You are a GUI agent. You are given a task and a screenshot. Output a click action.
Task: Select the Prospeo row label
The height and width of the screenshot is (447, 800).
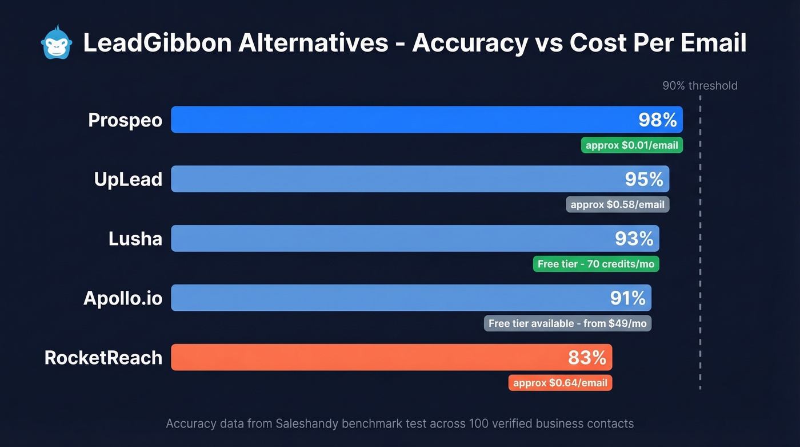pos(125,120)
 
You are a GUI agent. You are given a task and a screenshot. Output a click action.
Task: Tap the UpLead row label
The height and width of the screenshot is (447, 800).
pos(128,180)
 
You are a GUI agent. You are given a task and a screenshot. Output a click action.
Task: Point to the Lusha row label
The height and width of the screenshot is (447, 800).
pos(135,239)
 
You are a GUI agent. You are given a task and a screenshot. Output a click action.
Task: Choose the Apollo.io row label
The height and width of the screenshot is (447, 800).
pos(123,298)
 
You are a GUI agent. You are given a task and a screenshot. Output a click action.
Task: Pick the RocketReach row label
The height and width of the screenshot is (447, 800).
pos(103,358)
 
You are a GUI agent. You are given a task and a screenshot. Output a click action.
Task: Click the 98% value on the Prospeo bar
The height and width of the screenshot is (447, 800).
pos(657,120)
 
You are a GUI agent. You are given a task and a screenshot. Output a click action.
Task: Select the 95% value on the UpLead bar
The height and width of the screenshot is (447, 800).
pos(644,180)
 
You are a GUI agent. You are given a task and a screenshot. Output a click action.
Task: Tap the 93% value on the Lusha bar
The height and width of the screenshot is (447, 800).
pos(634,239)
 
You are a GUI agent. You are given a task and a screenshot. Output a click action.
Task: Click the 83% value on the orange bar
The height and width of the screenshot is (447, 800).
pos(587,358)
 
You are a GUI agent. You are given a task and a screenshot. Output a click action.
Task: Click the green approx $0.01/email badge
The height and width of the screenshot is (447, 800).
pos(631,145)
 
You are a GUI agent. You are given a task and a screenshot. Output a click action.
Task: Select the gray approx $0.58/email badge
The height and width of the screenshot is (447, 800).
pos(617,204)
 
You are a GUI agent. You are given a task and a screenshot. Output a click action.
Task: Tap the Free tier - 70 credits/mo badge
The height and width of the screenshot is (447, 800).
pos(595,264)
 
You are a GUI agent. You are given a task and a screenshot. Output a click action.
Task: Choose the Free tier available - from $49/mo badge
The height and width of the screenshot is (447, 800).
pos(567,323)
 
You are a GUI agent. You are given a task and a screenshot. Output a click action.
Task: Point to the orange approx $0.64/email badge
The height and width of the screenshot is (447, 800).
pos(560,383)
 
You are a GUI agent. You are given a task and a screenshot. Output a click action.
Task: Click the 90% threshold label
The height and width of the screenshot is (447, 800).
pos(699,86)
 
